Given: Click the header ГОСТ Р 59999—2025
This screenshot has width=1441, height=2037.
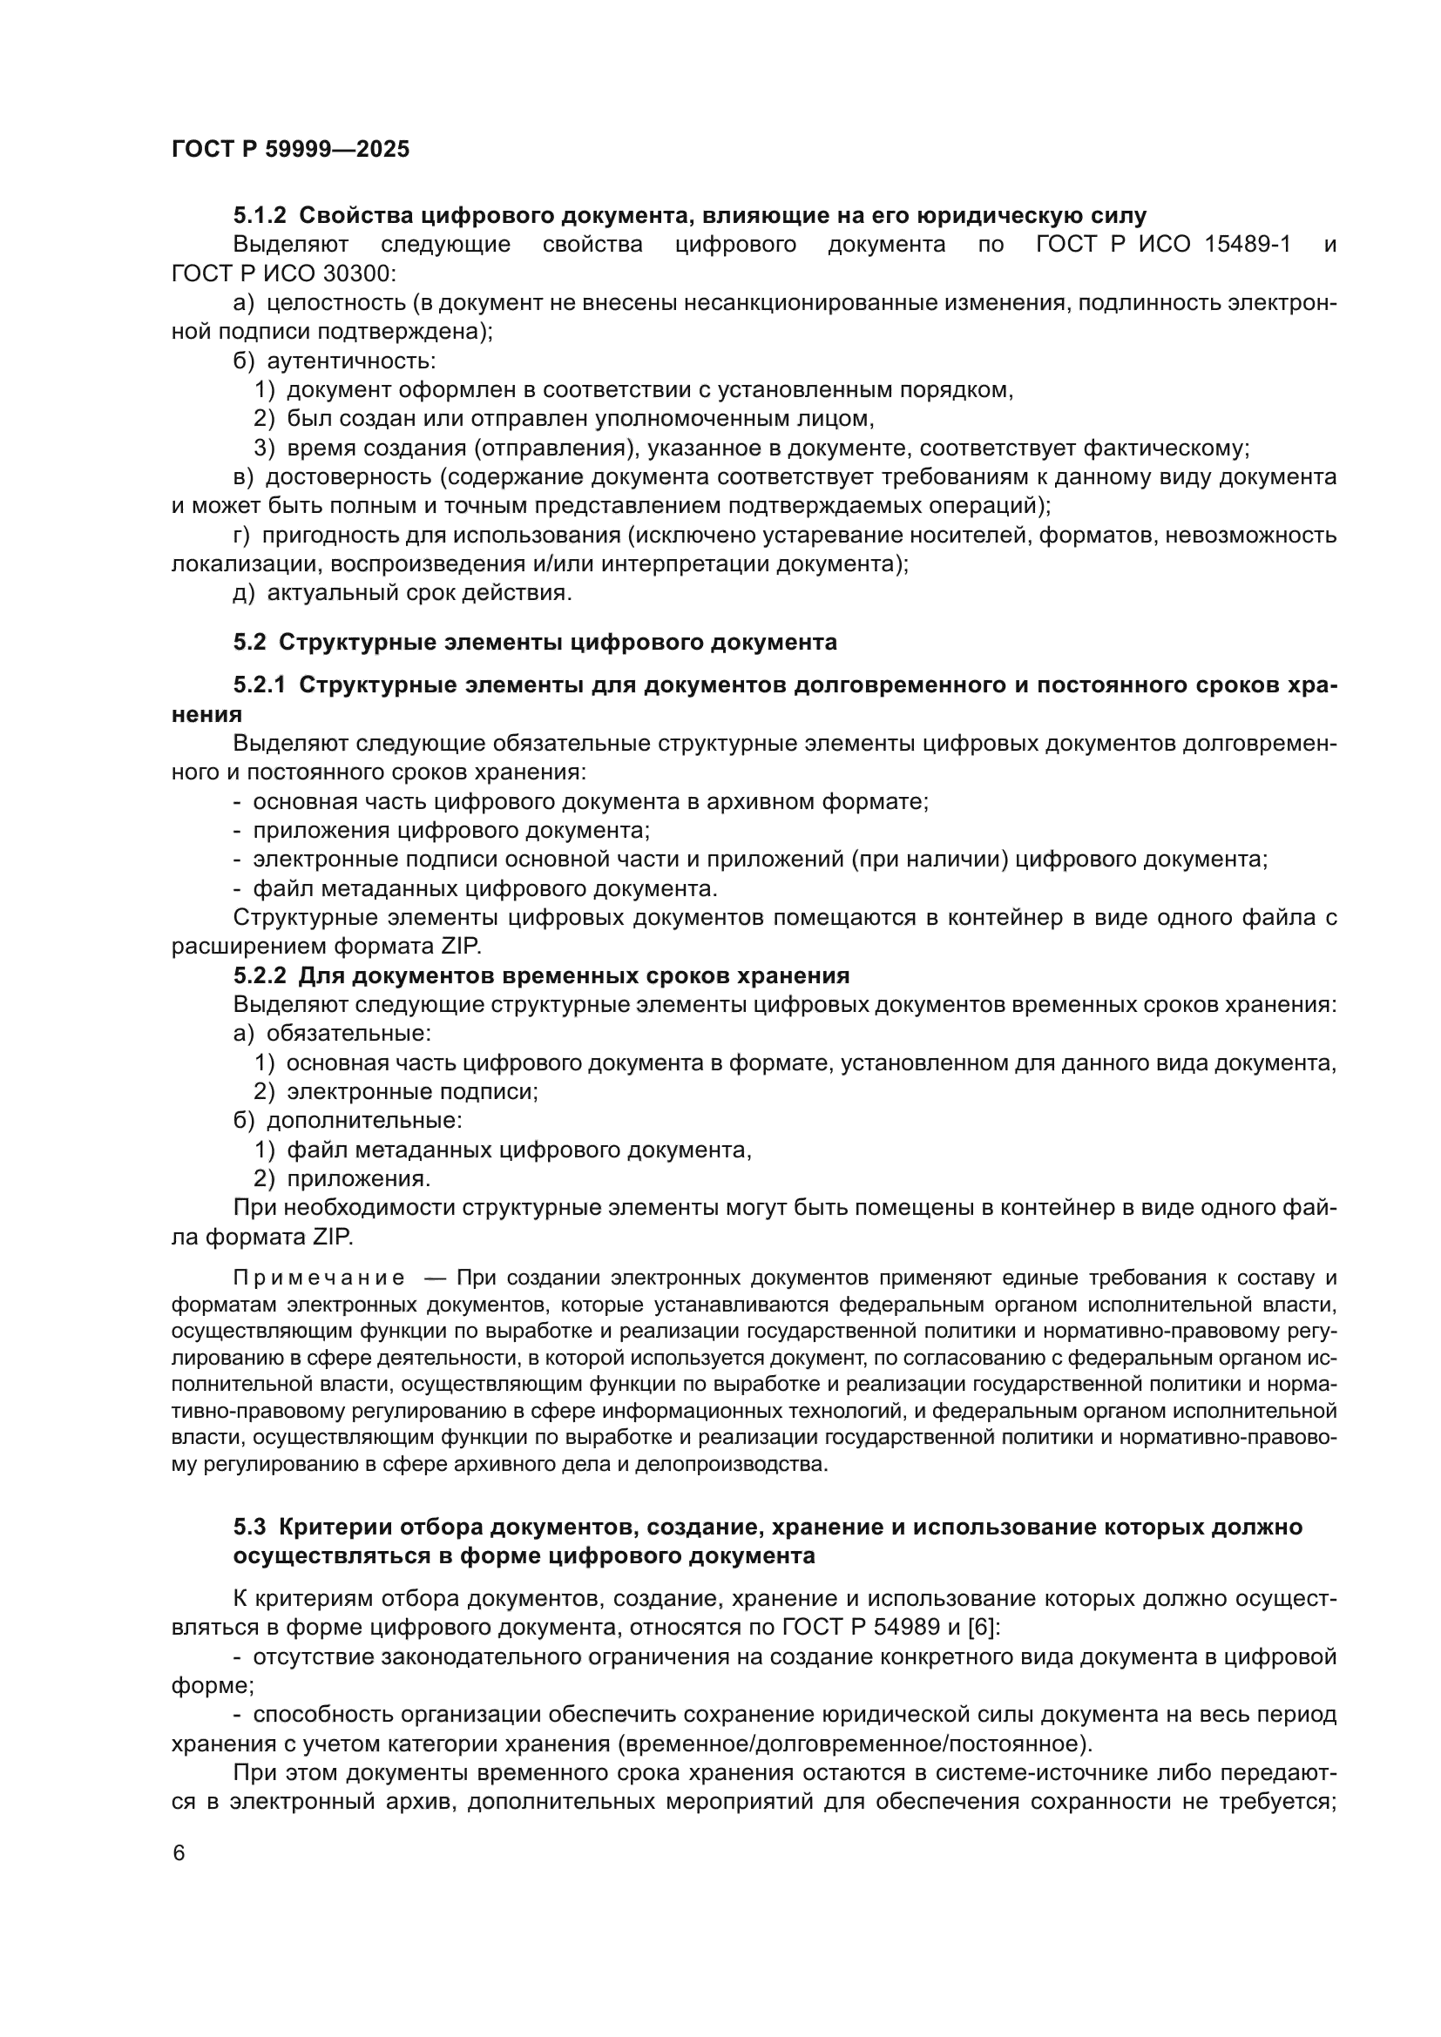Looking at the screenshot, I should [x=290, y=150].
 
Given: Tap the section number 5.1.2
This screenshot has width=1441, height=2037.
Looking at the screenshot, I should [x=259, y=216].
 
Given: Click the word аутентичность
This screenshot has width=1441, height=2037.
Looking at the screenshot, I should [x=350, y=361].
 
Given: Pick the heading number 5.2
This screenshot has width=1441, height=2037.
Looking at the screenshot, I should [x=249, y=643].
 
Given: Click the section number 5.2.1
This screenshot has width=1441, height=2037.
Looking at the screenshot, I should [x=259, y=685].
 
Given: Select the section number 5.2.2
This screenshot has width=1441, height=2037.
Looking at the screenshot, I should [x=259, y=976].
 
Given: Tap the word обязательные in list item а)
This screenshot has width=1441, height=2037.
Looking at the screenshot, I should [x=348, y=1034].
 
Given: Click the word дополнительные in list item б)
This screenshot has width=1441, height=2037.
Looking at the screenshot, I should [x=364, y=1121].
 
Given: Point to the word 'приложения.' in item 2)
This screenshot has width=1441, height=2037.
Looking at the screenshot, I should [x=358, y=1179].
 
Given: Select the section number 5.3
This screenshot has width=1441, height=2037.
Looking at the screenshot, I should [x=249, y=1528].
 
